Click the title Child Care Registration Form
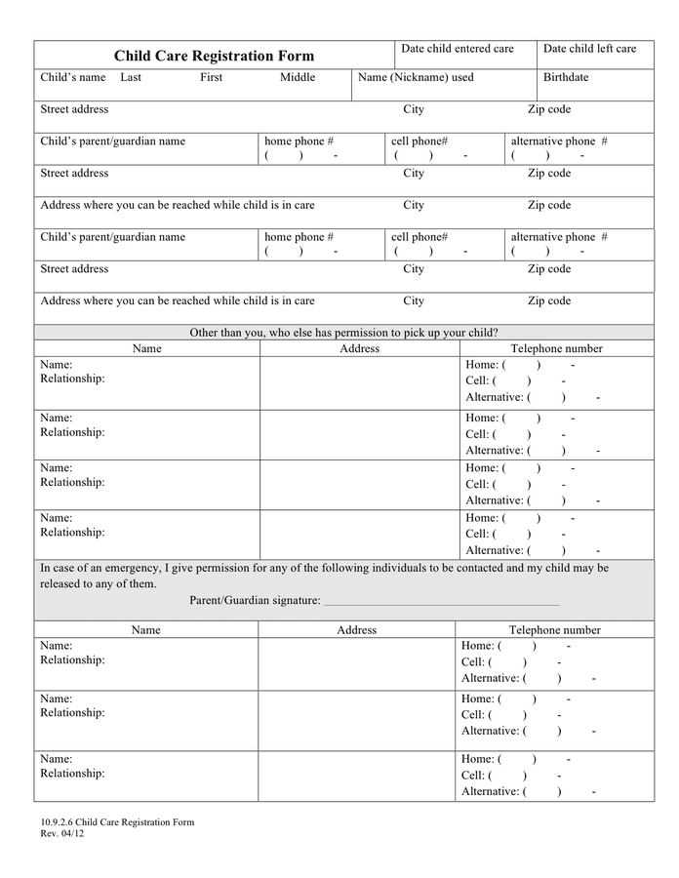click(214, 57)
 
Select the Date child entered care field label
click(457, 49)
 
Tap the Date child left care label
click(589, 49)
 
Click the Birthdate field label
click(566, 77)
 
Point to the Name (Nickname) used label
click(416, 77)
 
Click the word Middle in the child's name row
click(298, 77)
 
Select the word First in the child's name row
click(212, 77)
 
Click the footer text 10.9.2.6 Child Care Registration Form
click(117, 821)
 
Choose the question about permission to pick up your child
click(343, 333)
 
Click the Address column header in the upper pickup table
click(359, 348)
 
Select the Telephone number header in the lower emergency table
click(555, 630)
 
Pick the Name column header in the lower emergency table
click(146, 630)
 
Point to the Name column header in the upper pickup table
click(147, 348)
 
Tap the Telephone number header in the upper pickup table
click(557, 348)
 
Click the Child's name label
click(73, 77)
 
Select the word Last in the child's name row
click(131, 77)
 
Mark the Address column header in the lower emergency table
click(356, 630)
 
